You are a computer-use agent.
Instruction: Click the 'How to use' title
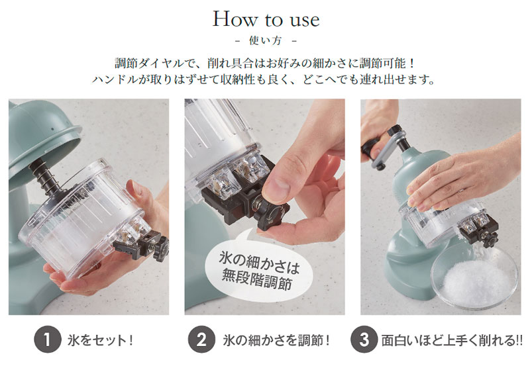266,19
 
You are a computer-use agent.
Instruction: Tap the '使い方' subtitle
266,41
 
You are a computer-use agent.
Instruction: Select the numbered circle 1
48,340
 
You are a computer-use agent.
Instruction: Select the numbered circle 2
202,340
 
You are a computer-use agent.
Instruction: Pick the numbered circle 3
364,340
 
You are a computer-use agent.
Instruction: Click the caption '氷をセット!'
100,340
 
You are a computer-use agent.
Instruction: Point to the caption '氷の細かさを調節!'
276,340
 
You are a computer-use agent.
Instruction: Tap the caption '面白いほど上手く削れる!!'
452,340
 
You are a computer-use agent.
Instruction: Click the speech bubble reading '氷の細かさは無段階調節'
258,269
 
